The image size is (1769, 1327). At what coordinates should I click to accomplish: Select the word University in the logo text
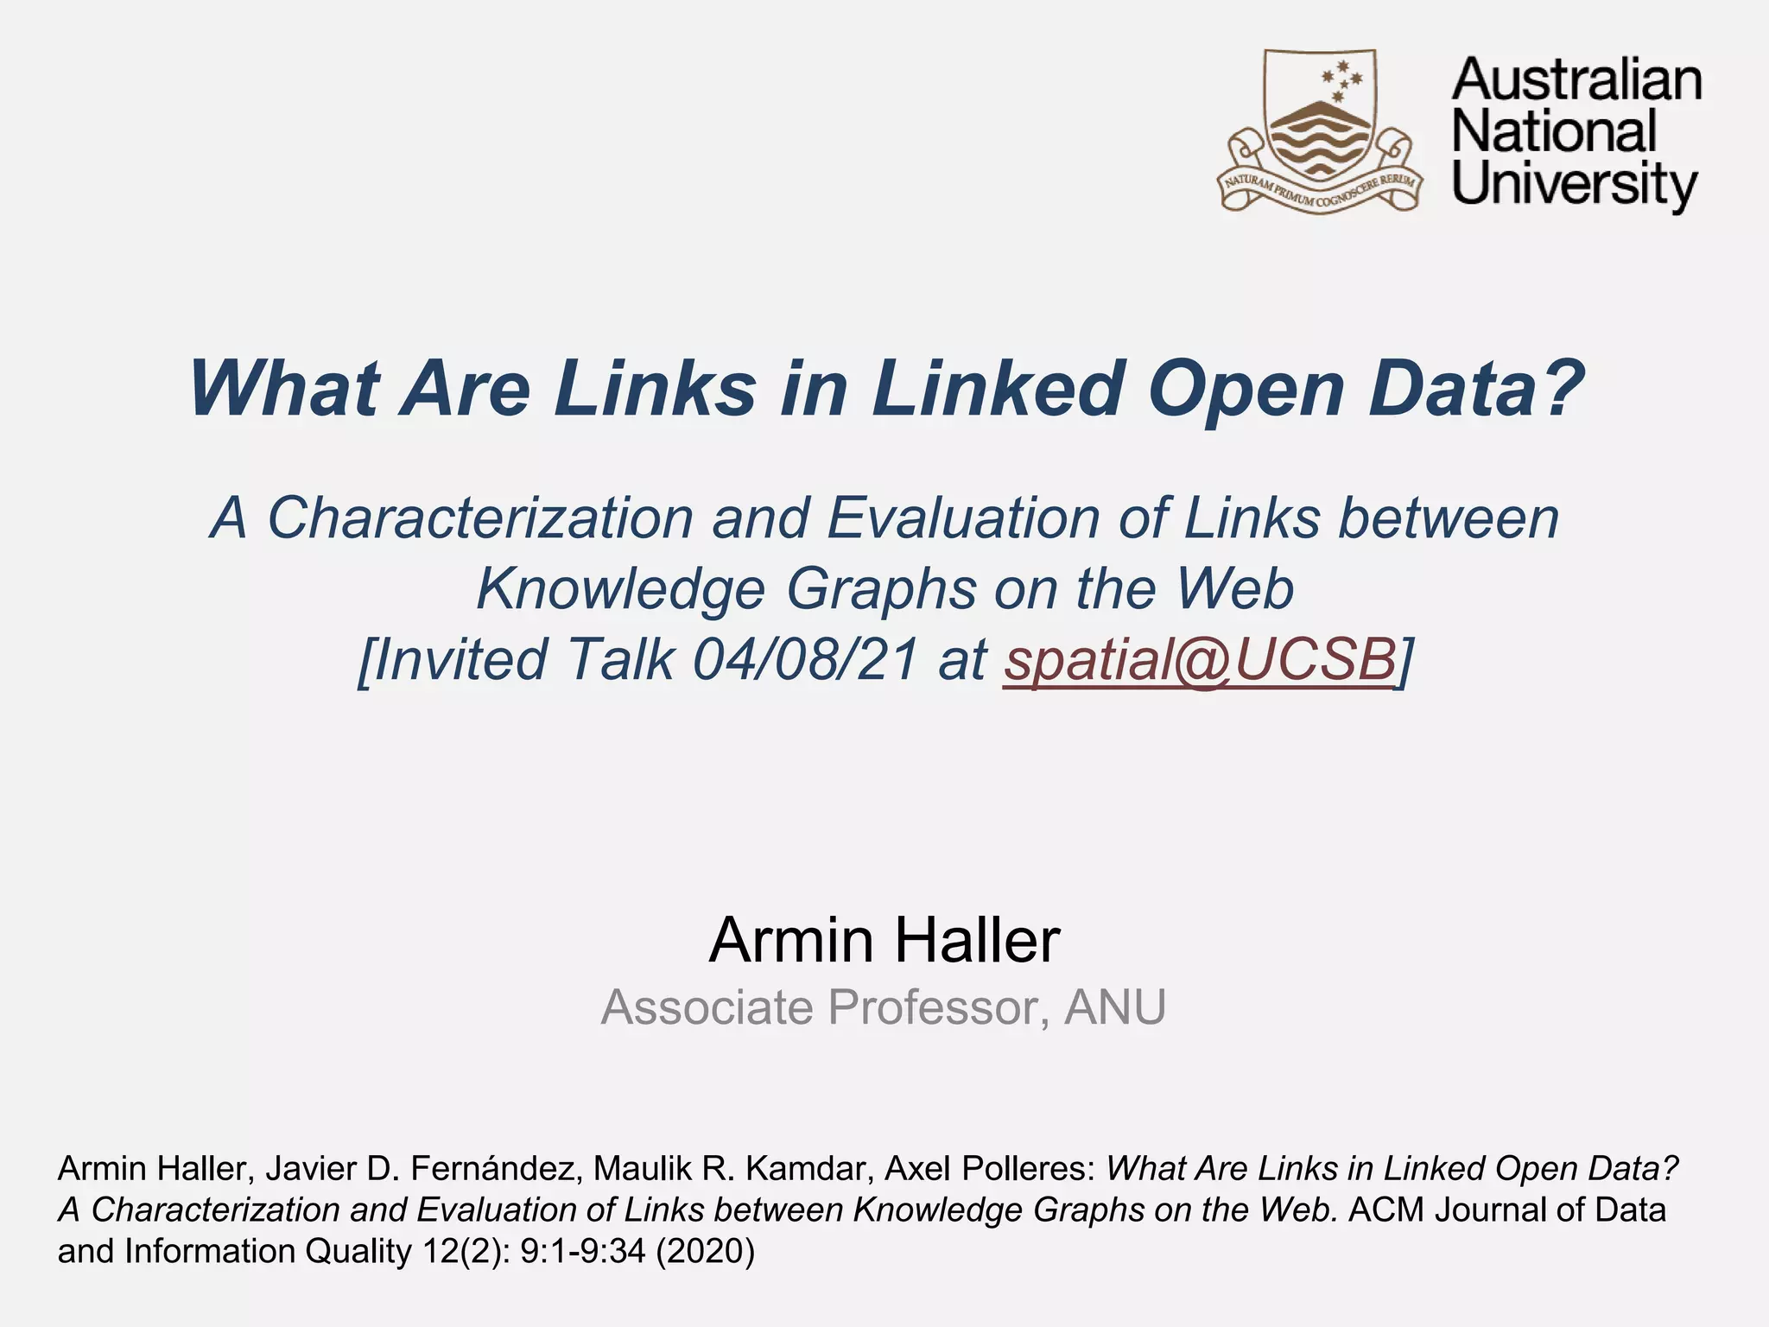pyautogui.click(x=1574, y=185)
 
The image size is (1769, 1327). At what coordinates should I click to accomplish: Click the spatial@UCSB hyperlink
pyautogui.click(x=1199, y=659)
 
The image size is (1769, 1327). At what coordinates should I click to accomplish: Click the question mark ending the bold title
pyautogui.click(x=1562, y=388)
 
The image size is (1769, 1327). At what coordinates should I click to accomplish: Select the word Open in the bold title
pyautogui.click(x=1246, y=388)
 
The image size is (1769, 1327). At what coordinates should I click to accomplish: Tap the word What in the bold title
pyautogui.click(x=284, y=388)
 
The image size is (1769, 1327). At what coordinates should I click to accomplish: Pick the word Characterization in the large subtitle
pyautogui.click(x=480, y=517)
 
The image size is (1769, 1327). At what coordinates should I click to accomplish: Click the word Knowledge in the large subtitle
pyautogui.click(x=620, y=588)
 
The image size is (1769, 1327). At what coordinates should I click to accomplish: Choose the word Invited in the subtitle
pyautogui.click(x=461, y=659)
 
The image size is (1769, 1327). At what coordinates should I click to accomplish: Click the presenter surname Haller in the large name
pyautogui.click(x=975, y=940)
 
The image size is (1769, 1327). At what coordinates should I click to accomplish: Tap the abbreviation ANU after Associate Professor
pyautogui.click(x=1115, y=1007)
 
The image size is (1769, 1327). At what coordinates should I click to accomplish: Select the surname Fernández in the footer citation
pyautogui.click(x=491, y=1169)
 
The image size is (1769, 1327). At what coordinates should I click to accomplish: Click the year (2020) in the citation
pyautogui.click(x=705, y=1251)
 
